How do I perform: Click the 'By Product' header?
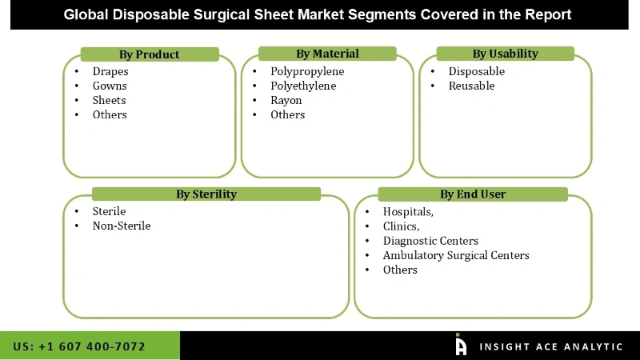[149, 54]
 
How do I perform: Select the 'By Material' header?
[327, 54]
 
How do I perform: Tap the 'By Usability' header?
[505, 54]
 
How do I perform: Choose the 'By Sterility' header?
[206, 194]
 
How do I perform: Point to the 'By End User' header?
[473, 194]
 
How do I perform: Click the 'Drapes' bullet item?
[110, 71]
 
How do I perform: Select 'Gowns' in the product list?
[110, 86]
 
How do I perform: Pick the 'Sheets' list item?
[109, 100]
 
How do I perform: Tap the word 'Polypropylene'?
[307, 71]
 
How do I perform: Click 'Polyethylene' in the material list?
[303, 86]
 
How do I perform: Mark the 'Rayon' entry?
[286, 100]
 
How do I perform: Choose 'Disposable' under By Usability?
[477, 71]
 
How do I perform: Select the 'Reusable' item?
[471, 86]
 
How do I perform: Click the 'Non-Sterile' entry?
[122, 226]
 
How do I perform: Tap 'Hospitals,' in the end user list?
[408, 212]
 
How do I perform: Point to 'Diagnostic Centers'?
[430, 241]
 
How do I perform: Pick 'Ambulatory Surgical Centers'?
[456, 255]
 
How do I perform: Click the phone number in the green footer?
[79, 346]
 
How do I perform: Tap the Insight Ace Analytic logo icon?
[461, 345]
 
